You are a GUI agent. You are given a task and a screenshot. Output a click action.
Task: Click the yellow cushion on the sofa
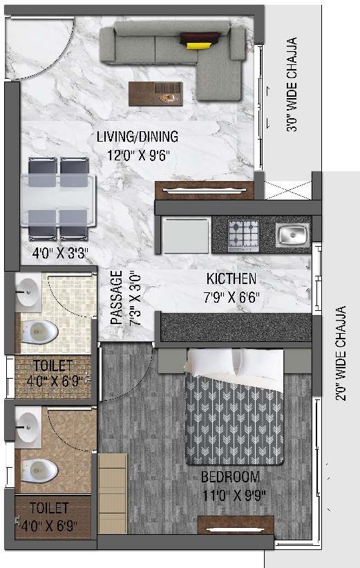coord(198,45)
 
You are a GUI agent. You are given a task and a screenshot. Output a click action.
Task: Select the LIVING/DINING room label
coord(138,136)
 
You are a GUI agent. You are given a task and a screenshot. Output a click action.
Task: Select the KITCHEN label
coord(231,279)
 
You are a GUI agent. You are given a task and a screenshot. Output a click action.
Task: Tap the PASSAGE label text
coord(116,298)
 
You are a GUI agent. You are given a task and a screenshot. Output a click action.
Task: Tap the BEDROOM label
coord(231,477)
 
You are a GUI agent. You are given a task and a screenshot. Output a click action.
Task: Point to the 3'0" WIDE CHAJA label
coord(292,84)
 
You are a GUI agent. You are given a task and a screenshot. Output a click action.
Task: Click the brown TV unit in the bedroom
coord(236,525)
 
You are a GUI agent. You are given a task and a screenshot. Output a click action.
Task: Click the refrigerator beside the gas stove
coord(185,235)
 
